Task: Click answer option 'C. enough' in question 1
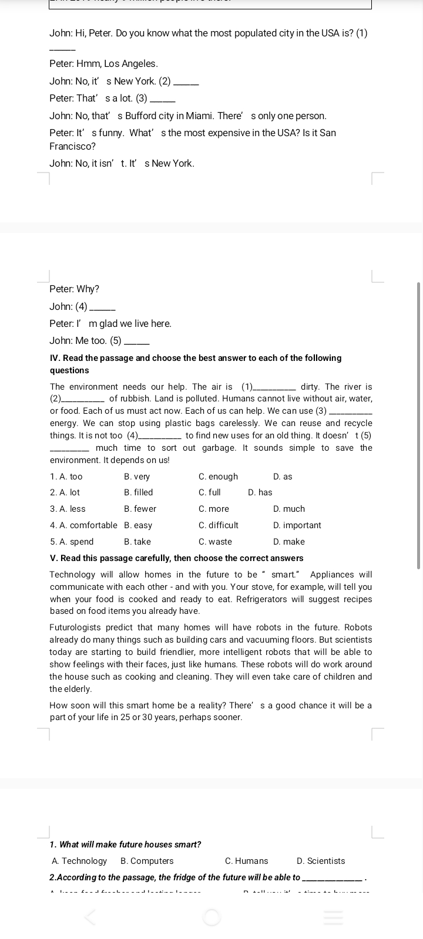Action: (218, 477)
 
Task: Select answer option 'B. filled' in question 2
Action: (139, 492)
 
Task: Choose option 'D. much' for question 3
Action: (289, 509)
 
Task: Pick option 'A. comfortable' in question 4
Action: (83, 525)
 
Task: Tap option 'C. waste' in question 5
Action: (215, 542)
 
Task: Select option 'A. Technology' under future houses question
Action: (79, 861)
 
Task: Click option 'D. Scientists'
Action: (321, 861)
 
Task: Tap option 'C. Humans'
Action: (246, 861)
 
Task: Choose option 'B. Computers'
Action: (147, 861)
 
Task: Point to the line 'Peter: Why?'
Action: (75, 289)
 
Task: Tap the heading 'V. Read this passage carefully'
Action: (177, 558)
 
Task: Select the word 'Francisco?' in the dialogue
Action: (73, 146)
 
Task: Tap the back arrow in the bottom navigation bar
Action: (90, 917)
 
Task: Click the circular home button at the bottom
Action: (212, 917)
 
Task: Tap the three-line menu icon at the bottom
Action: (333, 917)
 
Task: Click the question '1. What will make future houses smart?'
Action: (126, 845)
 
